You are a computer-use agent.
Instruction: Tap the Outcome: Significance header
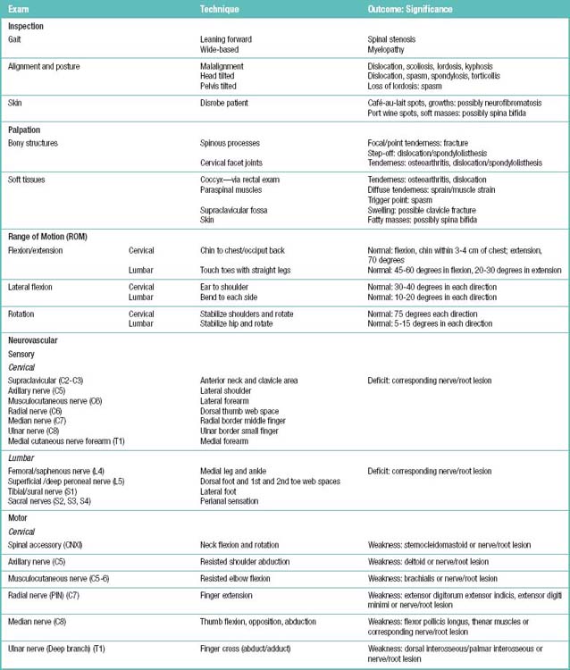(410, 9)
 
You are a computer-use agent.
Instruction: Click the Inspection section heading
(26, 27)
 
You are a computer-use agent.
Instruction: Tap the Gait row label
(15, 39)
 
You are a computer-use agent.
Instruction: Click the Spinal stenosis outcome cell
(392, 39)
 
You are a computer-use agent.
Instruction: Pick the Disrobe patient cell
(226, 103)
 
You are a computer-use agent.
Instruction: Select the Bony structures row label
(34, 142)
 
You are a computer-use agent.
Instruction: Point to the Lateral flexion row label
(32, 287)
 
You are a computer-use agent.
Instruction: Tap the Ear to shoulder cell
(226, 287)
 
